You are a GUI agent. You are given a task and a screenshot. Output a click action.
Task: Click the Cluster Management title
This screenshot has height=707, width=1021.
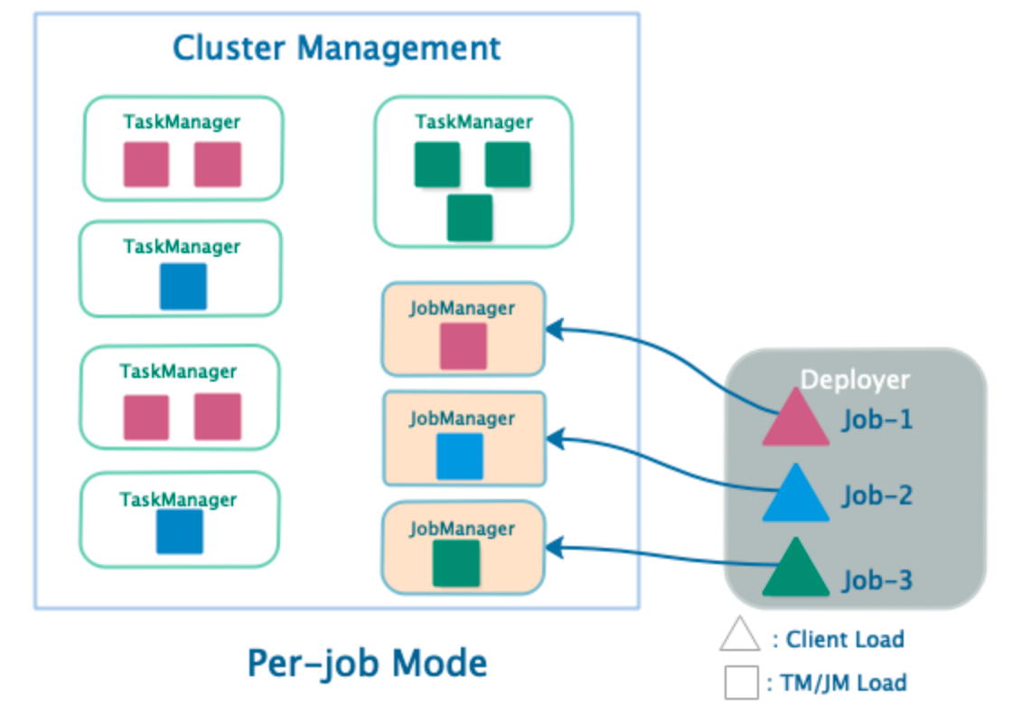(x=336, y=47)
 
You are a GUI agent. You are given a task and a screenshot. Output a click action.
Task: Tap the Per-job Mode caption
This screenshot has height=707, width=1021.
(x=367, y=664)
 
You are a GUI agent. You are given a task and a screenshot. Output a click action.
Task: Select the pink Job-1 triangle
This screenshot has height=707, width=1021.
(x=795, y=420)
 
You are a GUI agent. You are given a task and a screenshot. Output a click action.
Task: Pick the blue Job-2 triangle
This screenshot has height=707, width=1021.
(x=795, y=496)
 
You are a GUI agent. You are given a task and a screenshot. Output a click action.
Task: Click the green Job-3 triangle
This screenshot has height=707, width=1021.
(x=795, y=571)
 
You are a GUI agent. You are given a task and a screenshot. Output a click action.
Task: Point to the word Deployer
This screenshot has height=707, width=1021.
(x=855, y=380)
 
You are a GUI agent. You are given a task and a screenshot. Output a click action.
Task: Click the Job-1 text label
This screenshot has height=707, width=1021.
(x=877, y=420)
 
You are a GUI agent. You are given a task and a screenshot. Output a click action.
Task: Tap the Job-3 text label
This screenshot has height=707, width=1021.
(x=877, y=580)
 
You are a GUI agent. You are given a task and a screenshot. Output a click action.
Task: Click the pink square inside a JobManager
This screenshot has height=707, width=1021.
(x=464, y=346)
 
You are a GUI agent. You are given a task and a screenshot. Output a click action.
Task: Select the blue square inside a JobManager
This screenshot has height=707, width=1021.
(x=460, y=457)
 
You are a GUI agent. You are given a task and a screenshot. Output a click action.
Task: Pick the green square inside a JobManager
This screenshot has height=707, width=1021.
(x=456, y=563)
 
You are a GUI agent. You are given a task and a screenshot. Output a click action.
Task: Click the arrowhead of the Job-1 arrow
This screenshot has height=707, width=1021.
(x=554, y=330)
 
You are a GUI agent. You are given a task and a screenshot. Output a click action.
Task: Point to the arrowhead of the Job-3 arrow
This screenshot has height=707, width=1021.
(x=554, y=547)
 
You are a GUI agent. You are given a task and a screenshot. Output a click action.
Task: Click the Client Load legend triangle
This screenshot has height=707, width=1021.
(x=740, y=635)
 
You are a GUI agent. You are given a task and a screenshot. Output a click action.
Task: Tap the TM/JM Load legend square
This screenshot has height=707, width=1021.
(x=742, y=682)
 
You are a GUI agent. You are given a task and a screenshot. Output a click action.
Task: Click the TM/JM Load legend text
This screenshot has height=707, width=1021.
(x=836, y=683)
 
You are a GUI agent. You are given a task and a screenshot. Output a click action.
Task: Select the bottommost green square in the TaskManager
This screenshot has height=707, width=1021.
(x=470, y=218)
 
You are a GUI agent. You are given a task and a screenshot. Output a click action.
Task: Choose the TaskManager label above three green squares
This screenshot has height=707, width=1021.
(x=473, y=122)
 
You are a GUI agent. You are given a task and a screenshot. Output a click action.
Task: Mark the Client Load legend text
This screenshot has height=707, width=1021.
(x=845, y=640)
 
